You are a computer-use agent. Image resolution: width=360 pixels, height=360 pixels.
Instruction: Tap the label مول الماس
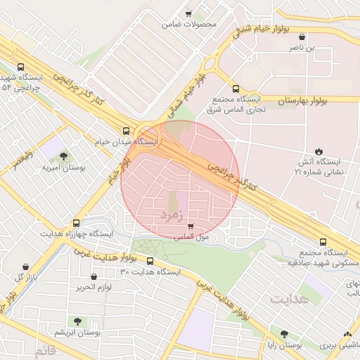191,238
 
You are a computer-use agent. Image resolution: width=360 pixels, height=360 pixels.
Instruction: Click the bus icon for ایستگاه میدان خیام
126,130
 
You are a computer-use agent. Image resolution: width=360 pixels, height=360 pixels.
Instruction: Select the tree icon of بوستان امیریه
64,156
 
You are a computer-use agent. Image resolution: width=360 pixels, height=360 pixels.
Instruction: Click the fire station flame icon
319,150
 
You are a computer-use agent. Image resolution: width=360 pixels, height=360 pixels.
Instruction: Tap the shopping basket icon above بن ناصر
302,37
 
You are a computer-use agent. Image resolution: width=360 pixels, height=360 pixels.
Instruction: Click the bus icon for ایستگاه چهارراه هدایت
76,223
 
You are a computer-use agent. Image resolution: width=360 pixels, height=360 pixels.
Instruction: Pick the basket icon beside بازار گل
27,266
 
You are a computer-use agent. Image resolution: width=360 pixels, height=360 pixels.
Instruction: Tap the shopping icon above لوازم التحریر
82,276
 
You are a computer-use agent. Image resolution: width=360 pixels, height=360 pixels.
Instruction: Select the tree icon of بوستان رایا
284,334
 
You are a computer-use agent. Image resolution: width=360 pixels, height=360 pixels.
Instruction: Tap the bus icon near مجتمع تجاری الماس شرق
235,89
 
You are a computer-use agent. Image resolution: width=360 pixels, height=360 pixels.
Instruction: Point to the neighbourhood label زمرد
171,212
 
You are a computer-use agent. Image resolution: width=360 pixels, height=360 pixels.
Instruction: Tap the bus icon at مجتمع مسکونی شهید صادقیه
323,241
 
